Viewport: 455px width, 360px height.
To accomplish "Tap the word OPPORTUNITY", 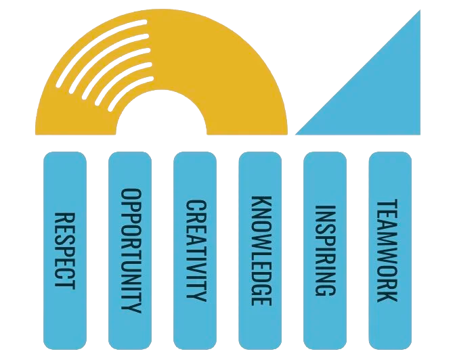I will (x=129, y=250).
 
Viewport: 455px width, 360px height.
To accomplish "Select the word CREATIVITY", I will (x=195, y=250).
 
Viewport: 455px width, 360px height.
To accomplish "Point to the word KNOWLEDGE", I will (x=261, y=250).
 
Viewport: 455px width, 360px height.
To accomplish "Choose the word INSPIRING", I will (x=326, y=250).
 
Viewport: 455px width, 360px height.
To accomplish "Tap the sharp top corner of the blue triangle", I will (x=420, y=12).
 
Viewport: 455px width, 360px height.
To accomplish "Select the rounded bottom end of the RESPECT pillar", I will (x=65, y=342).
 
